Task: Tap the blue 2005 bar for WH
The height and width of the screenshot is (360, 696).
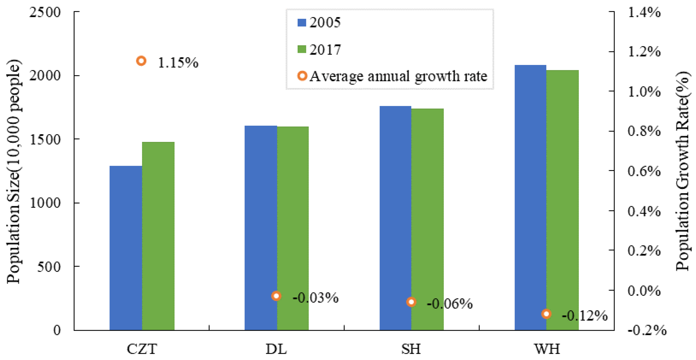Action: (530, 197)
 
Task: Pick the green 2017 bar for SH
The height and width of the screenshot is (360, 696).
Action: (427, 219)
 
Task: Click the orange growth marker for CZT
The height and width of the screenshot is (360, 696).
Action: (141, 61)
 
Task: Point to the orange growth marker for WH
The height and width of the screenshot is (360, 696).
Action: (546, 314)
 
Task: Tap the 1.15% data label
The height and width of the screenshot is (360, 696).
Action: (178, 63)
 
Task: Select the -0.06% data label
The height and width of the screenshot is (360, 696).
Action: (450, 303)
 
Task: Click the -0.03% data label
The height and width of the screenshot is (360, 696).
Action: (315, 298)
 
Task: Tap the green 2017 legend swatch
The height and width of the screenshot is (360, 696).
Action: (302, 49)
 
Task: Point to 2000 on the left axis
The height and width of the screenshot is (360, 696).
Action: (45, 75)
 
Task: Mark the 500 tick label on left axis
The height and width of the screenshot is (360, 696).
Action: (49, 267)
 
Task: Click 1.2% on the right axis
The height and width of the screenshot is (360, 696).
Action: (644, 51)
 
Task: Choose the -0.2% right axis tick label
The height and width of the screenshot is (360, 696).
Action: (647, 330)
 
